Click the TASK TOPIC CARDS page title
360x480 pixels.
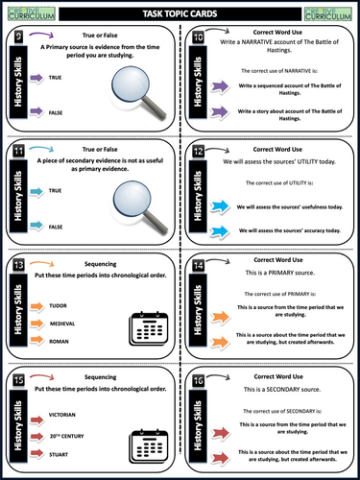click(x=180, y=12)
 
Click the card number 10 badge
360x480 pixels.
click(x=198, y=37)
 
